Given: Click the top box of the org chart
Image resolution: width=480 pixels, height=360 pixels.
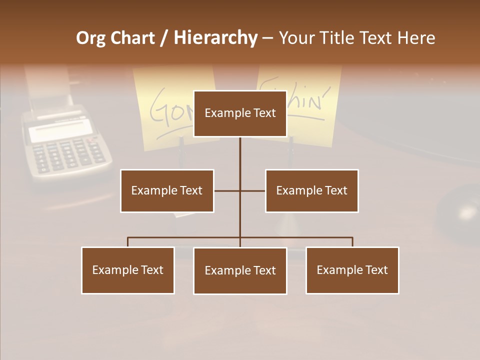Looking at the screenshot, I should pos(240,113).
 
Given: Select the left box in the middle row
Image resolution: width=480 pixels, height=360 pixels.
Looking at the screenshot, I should pos(167,190).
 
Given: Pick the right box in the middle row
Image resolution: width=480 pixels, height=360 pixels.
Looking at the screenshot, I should pos(311,190).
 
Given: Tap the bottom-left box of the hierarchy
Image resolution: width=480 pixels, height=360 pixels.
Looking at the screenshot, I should pos(128,270).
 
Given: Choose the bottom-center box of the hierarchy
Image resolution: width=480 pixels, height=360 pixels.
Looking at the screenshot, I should pos(240,270).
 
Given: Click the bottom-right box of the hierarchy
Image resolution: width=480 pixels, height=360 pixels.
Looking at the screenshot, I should pos(352,270).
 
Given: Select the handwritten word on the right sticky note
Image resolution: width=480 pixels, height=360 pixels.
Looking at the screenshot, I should pos(310,100).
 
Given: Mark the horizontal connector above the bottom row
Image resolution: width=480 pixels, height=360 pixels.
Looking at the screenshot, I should pos(185,237).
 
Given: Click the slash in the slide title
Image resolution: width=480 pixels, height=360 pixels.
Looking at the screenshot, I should pos(164,38).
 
